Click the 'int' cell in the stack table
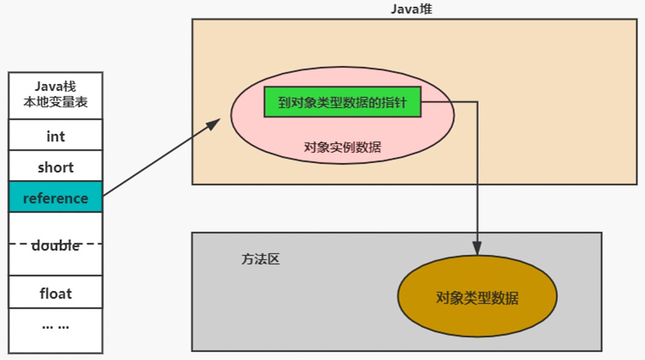56,135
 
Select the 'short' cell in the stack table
56,166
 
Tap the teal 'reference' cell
56,197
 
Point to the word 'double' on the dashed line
56,245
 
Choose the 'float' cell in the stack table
56,292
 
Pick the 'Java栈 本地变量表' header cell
56,96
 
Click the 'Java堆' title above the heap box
411,9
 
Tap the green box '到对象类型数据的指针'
342,102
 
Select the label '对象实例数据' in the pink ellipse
342,147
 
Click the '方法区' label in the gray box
260,259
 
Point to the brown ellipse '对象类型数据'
477,296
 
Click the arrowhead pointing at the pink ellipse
214,123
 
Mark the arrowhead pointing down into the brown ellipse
477,248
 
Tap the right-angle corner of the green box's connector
477,101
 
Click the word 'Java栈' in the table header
56,86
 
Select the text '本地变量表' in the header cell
56,102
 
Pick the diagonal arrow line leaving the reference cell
161,157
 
